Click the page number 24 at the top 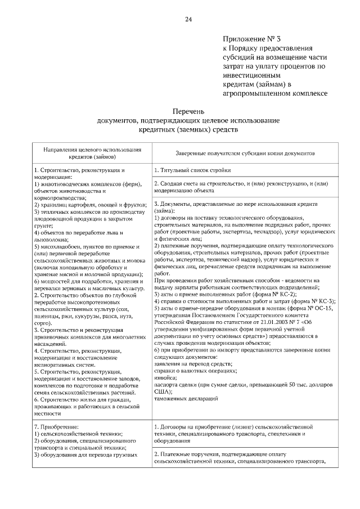(188, 20)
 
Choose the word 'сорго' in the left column (44, 323)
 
